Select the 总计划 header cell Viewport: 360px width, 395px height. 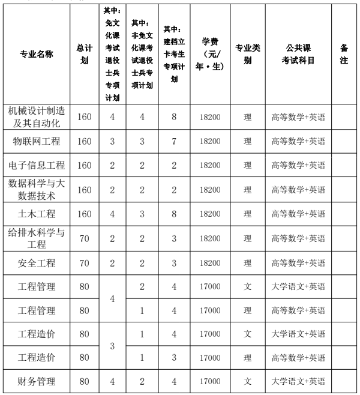(x=85, y=54)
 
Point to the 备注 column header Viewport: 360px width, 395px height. (x=344, y=54)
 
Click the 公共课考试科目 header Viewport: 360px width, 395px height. (x=298, y=54)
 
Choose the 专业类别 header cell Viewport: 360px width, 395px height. (x=247, y=54)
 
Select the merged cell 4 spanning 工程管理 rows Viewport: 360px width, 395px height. (x=112, y=298)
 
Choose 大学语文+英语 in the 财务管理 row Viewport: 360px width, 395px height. (x=298, y=381)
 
